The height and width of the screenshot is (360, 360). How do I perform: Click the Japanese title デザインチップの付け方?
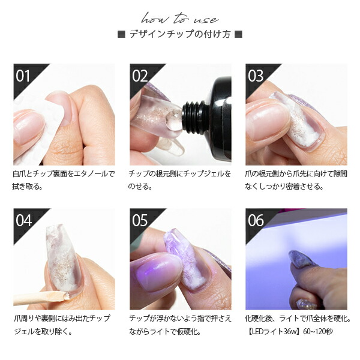(x=180, y=34)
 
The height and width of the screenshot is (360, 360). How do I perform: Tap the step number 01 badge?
(x=23, y=76)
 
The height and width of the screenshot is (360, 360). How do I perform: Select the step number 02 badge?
(x=140, y=76)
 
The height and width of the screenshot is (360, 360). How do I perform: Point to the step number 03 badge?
(x=256, y=76)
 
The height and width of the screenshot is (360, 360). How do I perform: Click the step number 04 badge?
(x=23, y=220)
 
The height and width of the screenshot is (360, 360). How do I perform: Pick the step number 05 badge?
(x=140, y=220)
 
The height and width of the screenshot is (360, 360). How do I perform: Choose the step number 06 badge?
(x=256, y=220)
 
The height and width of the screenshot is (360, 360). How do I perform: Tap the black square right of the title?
(x=238, y=34)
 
